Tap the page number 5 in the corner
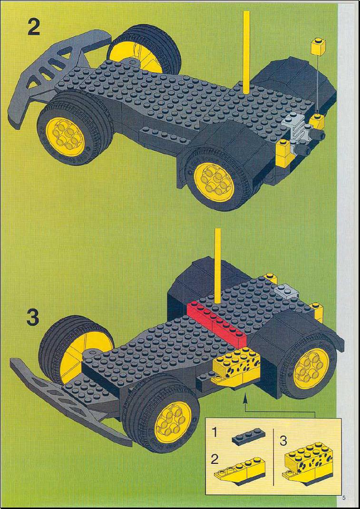[x=343, y=497]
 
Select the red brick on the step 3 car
[x=217, y=318]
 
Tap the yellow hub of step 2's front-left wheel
[x=65, y=137]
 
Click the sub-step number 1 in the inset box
[x=214, y=432]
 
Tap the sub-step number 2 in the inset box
[x=214, y=460]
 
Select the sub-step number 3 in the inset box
[x=283, y=441]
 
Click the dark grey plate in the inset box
[x=248, y=437]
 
